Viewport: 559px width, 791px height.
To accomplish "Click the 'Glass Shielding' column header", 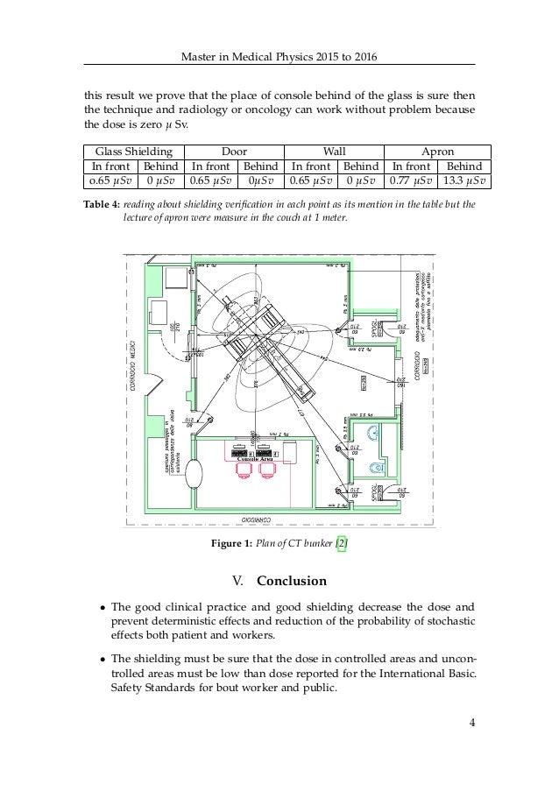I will (131, 150).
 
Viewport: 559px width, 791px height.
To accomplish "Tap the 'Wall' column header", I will (335, 150).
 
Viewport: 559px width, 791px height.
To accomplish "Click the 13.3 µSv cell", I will (464, 181).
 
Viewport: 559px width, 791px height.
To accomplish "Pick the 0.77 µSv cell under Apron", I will (414, 181).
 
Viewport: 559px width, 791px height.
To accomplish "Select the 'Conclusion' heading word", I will (290, 581).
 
